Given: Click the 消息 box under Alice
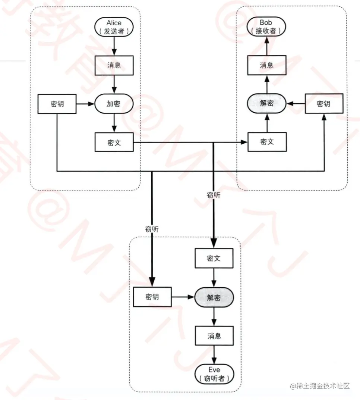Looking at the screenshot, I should coord(114,65).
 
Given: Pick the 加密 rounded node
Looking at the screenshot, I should coord(114,103).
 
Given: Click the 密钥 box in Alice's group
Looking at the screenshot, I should coord(57,103).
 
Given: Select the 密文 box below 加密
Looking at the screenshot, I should coord(114,142).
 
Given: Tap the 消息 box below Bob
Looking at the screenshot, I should coord(266,65).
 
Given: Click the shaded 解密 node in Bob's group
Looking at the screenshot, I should coord(266,103).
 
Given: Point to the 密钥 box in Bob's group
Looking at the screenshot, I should coord(323,103).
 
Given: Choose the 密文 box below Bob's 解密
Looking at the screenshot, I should coord(266,142).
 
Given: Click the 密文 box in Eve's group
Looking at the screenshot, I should coord(214,258).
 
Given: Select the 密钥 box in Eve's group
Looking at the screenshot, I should coord(152,297).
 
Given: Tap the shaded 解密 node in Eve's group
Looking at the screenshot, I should coord(214,297).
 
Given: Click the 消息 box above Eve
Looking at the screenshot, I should coord(214,335).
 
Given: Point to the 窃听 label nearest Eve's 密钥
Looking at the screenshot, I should coord(152,229).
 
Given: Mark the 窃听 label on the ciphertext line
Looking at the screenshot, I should coord(213,195).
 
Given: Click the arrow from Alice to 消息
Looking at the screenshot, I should coord(114,46).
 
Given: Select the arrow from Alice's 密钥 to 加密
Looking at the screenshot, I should coord(85,104).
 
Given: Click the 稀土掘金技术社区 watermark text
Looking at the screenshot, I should coord(320,386).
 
